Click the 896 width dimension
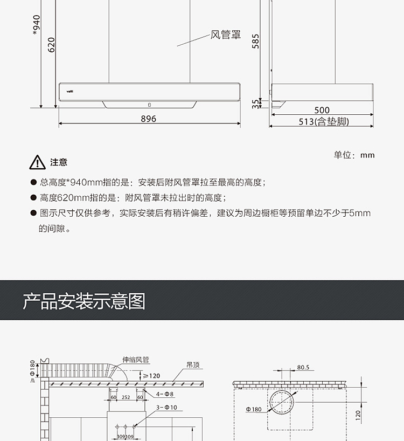148,119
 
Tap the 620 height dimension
52,44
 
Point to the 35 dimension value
256,103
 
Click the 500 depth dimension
322,111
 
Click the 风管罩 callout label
225,36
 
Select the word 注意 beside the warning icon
59,162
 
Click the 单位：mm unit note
354,155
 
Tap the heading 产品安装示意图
84,301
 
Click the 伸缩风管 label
136,360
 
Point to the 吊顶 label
193,365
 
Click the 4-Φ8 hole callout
165,394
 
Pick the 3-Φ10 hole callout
166,407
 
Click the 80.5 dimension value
303,367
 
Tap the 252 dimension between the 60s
126,397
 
